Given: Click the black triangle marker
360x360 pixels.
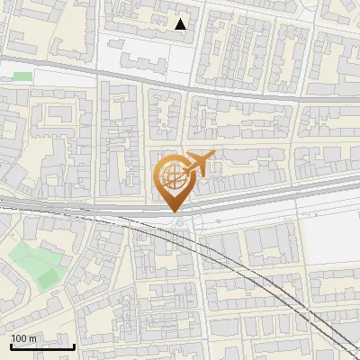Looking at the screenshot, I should coord(181,24).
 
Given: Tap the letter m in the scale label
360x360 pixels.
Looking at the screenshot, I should coord(33,337).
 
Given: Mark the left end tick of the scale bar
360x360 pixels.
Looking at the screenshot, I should coord(11,346).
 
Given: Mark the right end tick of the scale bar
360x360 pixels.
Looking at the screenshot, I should coord(74,346).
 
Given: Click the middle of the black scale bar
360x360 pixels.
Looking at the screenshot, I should coord(42,346).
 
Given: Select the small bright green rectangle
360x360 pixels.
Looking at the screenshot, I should coord(23,77).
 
